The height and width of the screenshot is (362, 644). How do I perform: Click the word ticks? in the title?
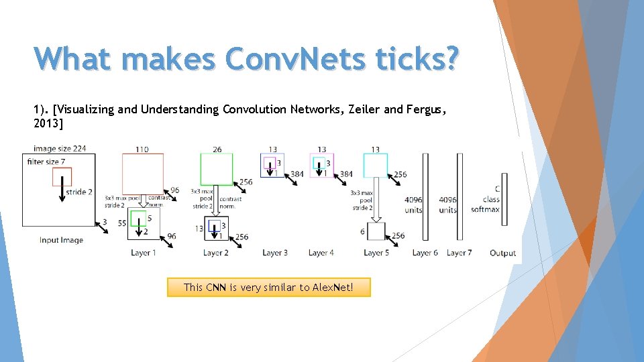413,59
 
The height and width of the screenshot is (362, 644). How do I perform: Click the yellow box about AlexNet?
268,288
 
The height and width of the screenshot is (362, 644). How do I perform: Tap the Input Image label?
61,240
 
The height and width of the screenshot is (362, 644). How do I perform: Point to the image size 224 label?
60,149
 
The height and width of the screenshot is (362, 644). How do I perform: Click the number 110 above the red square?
142,149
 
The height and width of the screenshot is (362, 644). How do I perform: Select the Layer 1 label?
144,253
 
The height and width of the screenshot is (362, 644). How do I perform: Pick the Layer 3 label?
275,253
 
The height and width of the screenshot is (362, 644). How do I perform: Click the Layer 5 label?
376,253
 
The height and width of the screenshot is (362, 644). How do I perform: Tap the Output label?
502,253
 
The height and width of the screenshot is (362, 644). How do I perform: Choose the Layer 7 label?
459,253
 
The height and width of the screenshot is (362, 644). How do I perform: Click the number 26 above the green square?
217,149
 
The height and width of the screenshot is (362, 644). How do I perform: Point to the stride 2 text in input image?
80,192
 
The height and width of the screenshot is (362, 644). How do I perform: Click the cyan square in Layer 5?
375,166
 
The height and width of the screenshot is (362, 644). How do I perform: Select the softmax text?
485,210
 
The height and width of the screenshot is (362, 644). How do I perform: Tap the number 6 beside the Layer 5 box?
363,231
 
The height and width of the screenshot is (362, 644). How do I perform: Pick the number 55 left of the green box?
122,223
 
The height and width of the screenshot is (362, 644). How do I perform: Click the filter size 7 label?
45,162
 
